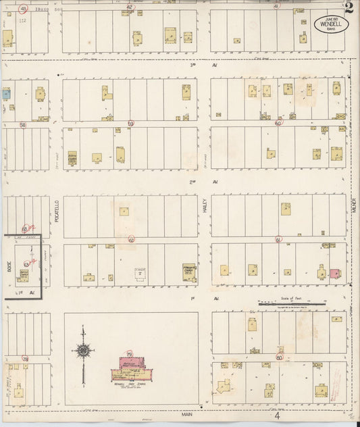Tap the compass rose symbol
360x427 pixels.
82,350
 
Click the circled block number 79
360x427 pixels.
128,355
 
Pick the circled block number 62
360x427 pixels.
131,239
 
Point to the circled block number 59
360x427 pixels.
130,124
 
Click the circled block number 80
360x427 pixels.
279,357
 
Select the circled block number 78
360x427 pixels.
25,359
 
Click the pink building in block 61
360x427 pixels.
334,273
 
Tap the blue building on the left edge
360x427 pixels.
5,94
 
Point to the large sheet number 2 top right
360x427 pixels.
348,8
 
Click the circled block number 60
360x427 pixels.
278,123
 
